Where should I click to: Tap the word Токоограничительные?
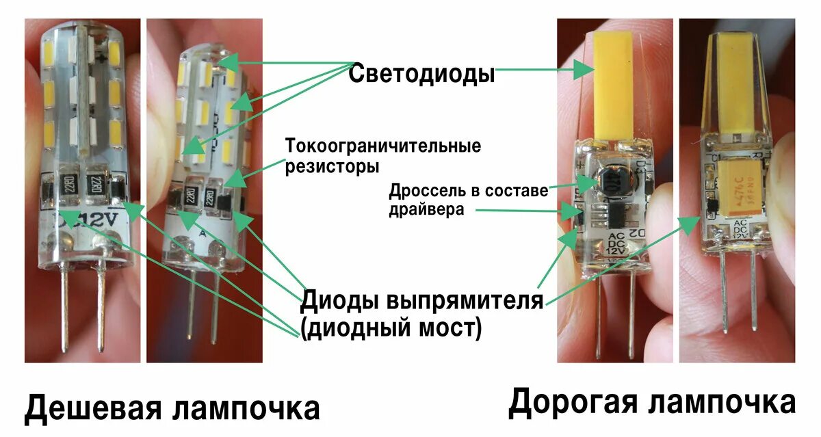click(382, 146)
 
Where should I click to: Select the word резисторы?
click(333, 166)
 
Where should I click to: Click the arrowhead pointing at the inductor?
click(586, 181)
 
